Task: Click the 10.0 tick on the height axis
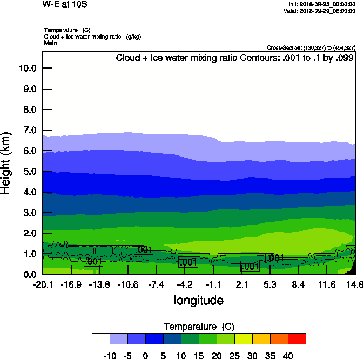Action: pos(27,68)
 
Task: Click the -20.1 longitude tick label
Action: pos(42,284)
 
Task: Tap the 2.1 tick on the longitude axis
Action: pos(241,284)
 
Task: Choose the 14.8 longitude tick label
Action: pos(355,284)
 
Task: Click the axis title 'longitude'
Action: pos(198,300)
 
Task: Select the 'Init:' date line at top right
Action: pos(322,4)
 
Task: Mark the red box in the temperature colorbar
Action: pos(296,338)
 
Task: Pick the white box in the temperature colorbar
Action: pos(101,338)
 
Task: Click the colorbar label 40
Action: pos(288,356)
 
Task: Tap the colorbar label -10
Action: pos(110,356)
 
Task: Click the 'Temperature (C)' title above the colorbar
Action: pos(199,327)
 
